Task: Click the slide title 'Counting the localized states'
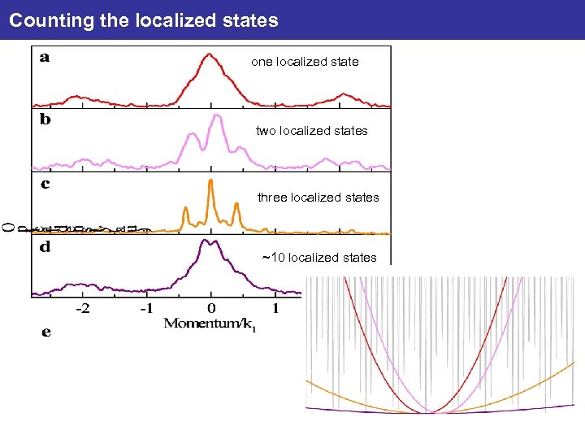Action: click(144, 20)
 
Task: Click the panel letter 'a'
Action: click(43, 58)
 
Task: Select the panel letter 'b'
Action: click(45, 120)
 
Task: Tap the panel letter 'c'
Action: click(45, 185)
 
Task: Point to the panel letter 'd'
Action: click(45, 247)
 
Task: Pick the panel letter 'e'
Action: click(45, 332)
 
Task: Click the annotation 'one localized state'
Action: click(305, 62)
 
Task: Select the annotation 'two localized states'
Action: click(311, 131)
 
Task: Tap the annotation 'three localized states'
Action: click(318, 198)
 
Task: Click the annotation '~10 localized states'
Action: click(318, 258)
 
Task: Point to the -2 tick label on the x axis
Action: click(83, 308)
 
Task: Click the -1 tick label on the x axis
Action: click(146, 308)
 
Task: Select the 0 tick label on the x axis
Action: click(211, 308)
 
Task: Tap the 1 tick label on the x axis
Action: click(275, 308)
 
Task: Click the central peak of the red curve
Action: click(210, 55)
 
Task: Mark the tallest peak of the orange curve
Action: click(210, 180)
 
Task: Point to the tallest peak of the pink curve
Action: click(216, 115)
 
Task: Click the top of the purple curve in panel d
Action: click(210, 241)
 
